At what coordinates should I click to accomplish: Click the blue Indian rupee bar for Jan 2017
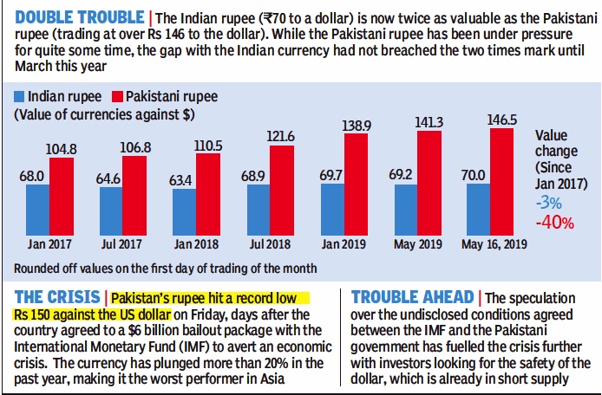click(37, 210)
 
